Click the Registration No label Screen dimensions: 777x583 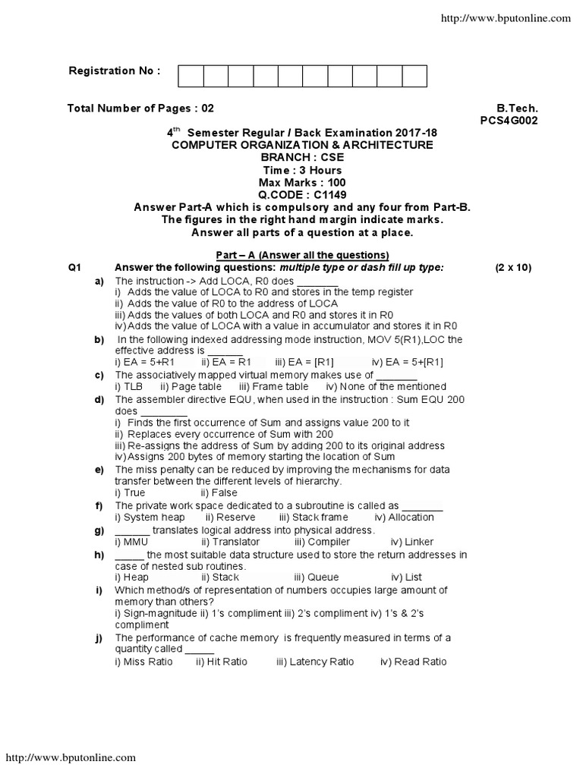click(115, 71)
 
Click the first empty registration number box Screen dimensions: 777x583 click(191, 77)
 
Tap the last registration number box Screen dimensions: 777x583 click(414, 77)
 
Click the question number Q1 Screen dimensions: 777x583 click(74, 268)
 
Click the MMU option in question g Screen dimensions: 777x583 click(135, 542)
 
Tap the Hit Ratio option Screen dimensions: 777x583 click(226, 662)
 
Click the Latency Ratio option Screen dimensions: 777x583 click(320, 662)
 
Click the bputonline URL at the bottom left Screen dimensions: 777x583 click(71, 757)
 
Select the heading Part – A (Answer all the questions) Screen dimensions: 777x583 click(292, 254)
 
